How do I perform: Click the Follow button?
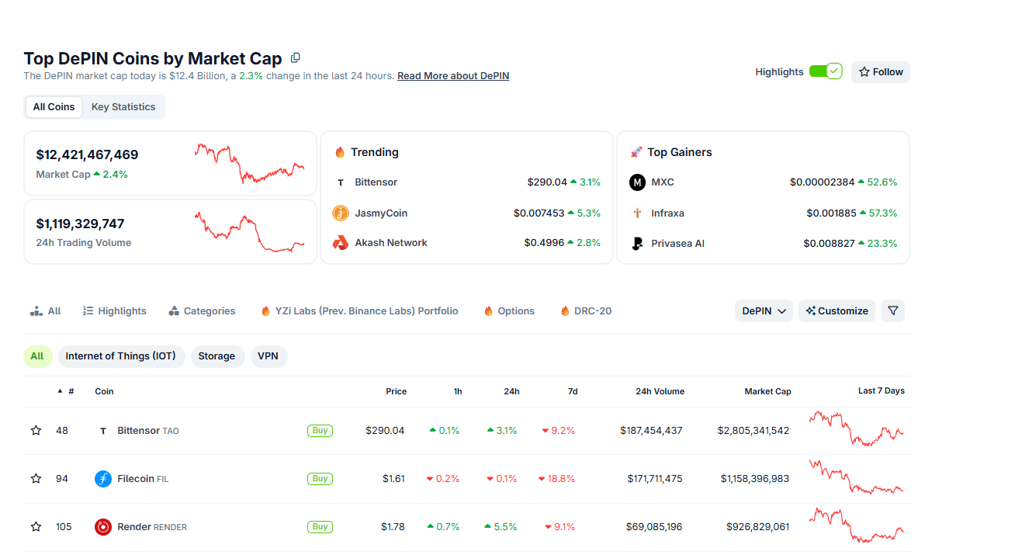pos(880,72)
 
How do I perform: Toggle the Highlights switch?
pos(825,71)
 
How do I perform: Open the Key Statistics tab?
pos(123,107)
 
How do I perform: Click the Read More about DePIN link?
pos(453,76)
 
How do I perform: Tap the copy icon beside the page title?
pos(296,58)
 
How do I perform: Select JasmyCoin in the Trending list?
pos(380,213)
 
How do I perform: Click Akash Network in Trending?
pos(390,243)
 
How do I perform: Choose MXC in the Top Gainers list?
pos(662,182)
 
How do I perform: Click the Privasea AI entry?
pos(677,243)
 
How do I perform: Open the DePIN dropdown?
pos(764,310)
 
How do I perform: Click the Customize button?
pos(837,310)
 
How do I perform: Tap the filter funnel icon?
pos(892,310)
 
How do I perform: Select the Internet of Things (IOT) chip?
pos(120,356)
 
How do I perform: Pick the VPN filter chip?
pos(268,356)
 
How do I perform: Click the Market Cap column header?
pos(767,391)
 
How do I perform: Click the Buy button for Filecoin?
pos(320,479)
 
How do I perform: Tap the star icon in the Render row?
pos(36,527)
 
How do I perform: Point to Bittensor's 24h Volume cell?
pos(651,431)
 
